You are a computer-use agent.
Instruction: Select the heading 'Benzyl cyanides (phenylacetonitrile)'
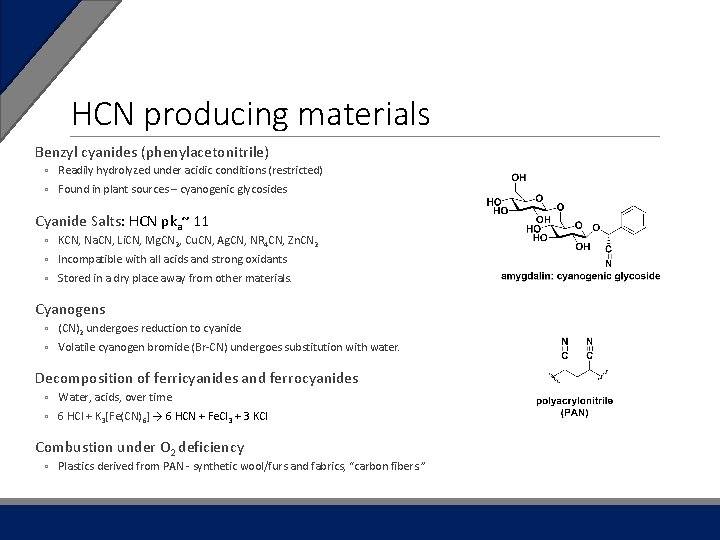(152, 152)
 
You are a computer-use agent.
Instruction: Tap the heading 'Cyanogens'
(70, 309)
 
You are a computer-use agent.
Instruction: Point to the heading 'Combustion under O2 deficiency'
(139, 447)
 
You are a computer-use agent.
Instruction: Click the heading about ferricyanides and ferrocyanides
(196, 378)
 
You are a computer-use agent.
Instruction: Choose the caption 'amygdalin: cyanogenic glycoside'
(580, 276)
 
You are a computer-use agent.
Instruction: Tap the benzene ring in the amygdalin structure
(635, 218)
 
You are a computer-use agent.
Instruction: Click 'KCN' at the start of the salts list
(69, 240)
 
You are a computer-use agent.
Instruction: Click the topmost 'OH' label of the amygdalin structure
(519, 177)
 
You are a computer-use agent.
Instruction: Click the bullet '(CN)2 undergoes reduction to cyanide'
(149, 328)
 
